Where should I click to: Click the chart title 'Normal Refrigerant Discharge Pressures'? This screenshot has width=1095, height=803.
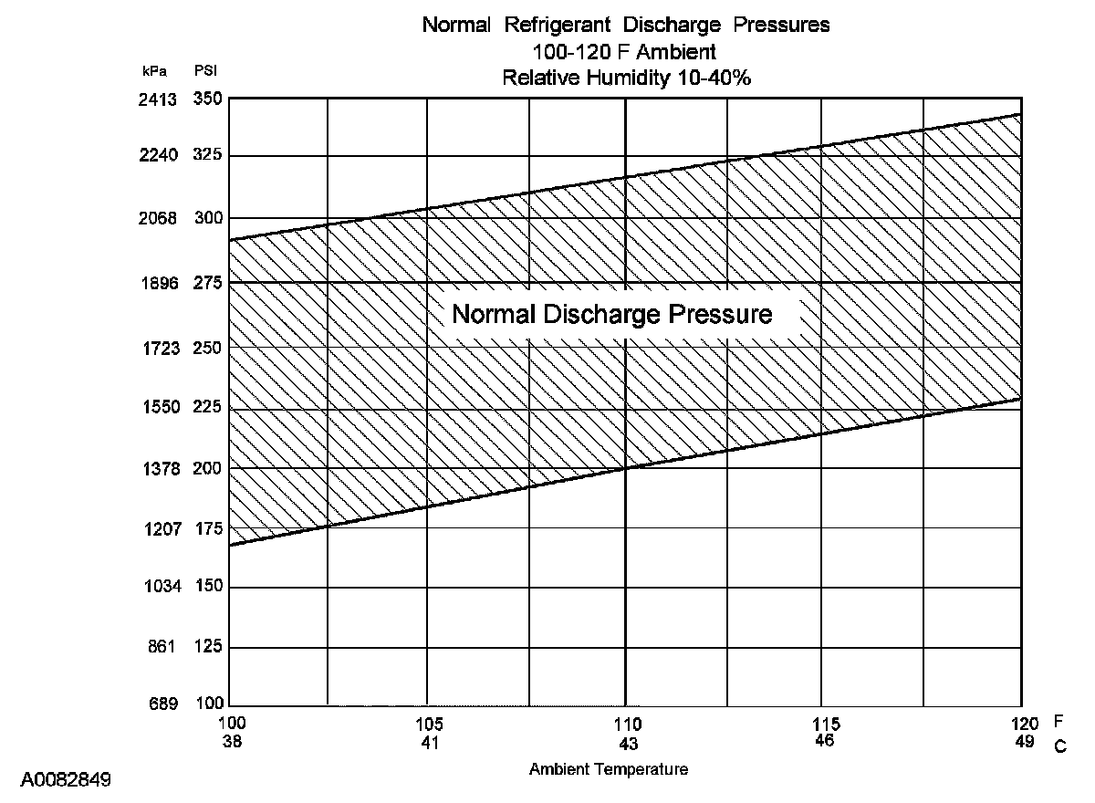[x=626, y=26]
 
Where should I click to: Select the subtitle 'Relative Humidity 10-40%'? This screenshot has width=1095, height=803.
[x=626, y=78]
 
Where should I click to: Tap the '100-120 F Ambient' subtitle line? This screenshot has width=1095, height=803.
[x=626, y=51]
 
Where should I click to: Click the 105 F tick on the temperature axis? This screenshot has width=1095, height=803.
[x=430, y=725]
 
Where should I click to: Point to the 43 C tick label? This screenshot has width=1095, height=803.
[x=628, y=743]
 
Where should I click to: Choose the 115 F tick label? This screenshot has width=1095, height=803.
[x=824, y=725]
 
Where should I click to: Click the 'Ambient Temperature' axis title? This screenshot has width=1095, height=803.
[x=609, y=769]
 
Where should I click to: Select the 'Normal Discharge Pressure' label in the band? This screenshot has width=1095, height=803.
[x=612, y=315]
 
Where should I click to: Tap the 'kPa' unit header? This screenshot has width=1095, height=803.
[x=156, y=70]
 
